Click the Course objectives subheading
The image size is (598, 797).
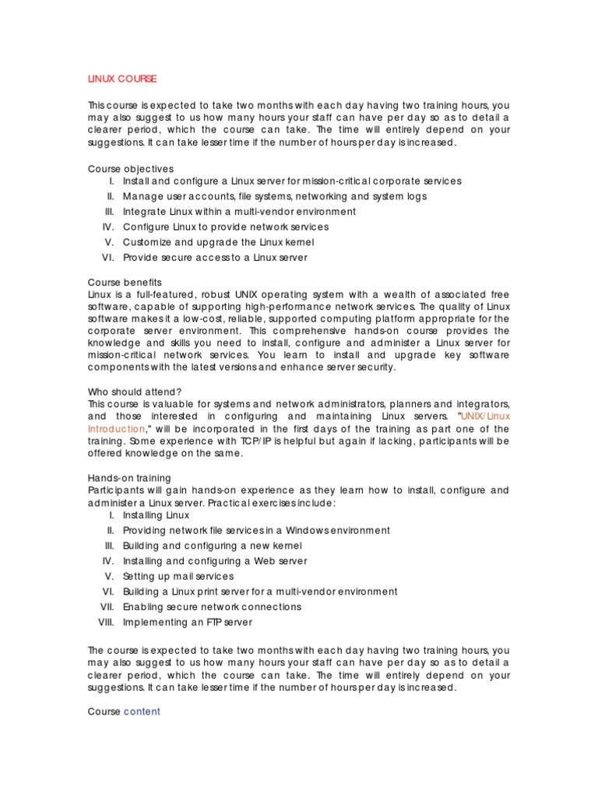[x=131, y=169]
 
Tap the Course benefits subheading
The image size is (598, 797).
[x=125, y=282]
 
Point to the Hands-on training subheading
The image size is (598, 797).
[x=129, y=478]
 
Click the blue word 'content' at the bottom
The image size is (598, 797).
[x=142, y=711]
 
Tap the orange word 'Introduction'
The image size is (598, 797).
[x=116, y=429]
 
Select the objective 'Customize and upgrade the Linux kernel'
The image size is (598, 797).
[x=216, y=242]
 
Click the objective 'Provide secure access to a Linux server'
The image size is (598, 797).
[x=215, y=257]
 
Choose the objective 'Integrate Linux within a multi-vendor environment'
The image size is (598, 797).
[x=239, y=212]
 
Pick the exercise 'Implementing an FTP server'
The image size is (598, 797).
[x=188, y=622]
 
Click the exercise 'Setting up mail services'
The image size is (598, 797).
[x=178, y=576]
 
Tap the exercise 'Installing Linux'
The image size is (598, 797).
[x=156, y=515]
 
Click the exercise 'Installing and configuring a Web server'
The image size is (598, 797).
[x=215, y=560]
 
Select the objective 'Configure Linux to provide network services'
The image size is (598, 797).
[x=226, y=226]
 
